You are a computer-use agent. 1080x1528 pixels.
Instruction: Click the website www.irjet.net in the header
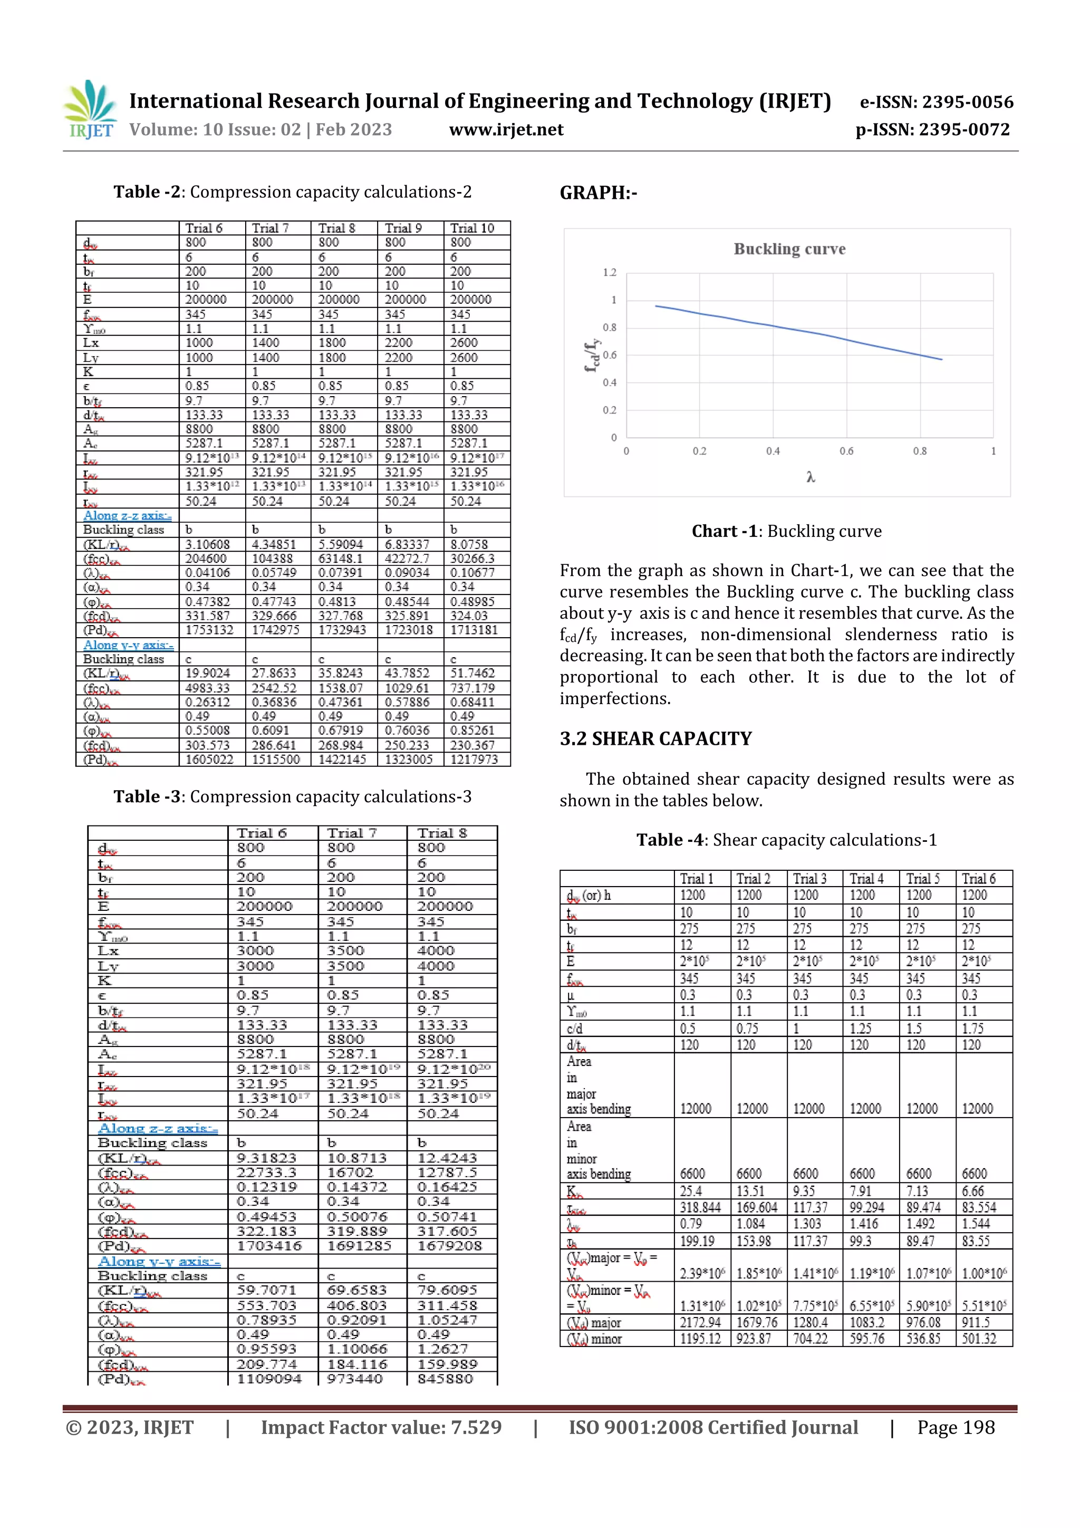pos(506,130)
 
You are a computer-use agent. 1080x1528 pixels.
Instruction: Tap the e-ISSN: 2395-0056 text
pos(936,102)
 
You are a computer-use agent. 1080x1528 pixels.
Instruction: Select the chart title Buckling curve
pos(789,249)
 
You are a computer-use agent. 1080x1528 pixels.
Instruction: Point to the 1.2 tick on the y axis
pos(610,272)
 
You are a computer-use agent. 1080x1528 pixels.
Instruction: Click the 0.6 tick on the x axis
pos(846,451)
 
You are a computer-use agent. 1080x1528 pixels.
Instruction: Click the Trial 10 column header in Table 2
pos(472,228)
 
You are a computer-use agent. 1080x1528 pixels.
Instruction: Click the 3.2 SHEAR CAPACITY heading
pos(655,739)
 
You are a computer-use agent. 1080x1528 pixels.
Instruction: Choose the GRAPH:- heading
pos(598,193)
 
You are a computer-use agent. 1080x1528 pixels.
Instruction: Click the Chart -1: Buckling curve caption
pos(787,531)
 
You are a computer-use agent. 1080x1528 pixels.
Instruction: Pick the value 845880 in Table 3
pos(445,1379)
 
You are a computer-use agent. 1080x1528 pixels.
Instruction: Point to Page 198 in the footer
pos(956,1427)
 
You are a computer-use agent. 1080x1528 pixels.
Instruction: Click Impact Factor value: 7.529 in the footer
pos(381,1427)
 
